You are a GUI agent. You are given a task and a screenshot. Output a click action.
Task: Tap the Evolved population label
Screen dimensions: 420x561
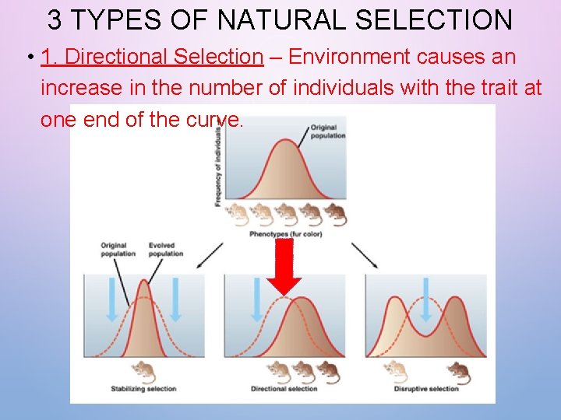[x=165, y=250]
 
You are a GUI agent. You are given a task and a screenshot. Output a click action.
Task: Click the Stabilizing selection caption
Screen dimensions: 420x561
[x=143, y=389]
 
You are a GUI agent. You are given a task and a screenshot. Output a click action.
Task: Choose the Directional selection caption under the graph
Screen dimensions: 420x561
[x=284, y=389]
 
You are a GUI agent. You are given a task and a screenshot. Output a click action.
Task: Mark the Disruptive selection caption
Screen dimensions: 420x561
[x=425, y=389]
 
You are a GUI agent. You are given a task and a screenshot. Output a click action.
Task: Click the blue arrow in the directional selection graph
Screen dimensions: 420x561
[x=256, y=300]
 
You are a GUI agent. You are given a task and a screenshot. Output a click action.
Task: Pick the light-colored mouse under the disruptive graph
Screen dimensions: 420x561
[x=396, y=372]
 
